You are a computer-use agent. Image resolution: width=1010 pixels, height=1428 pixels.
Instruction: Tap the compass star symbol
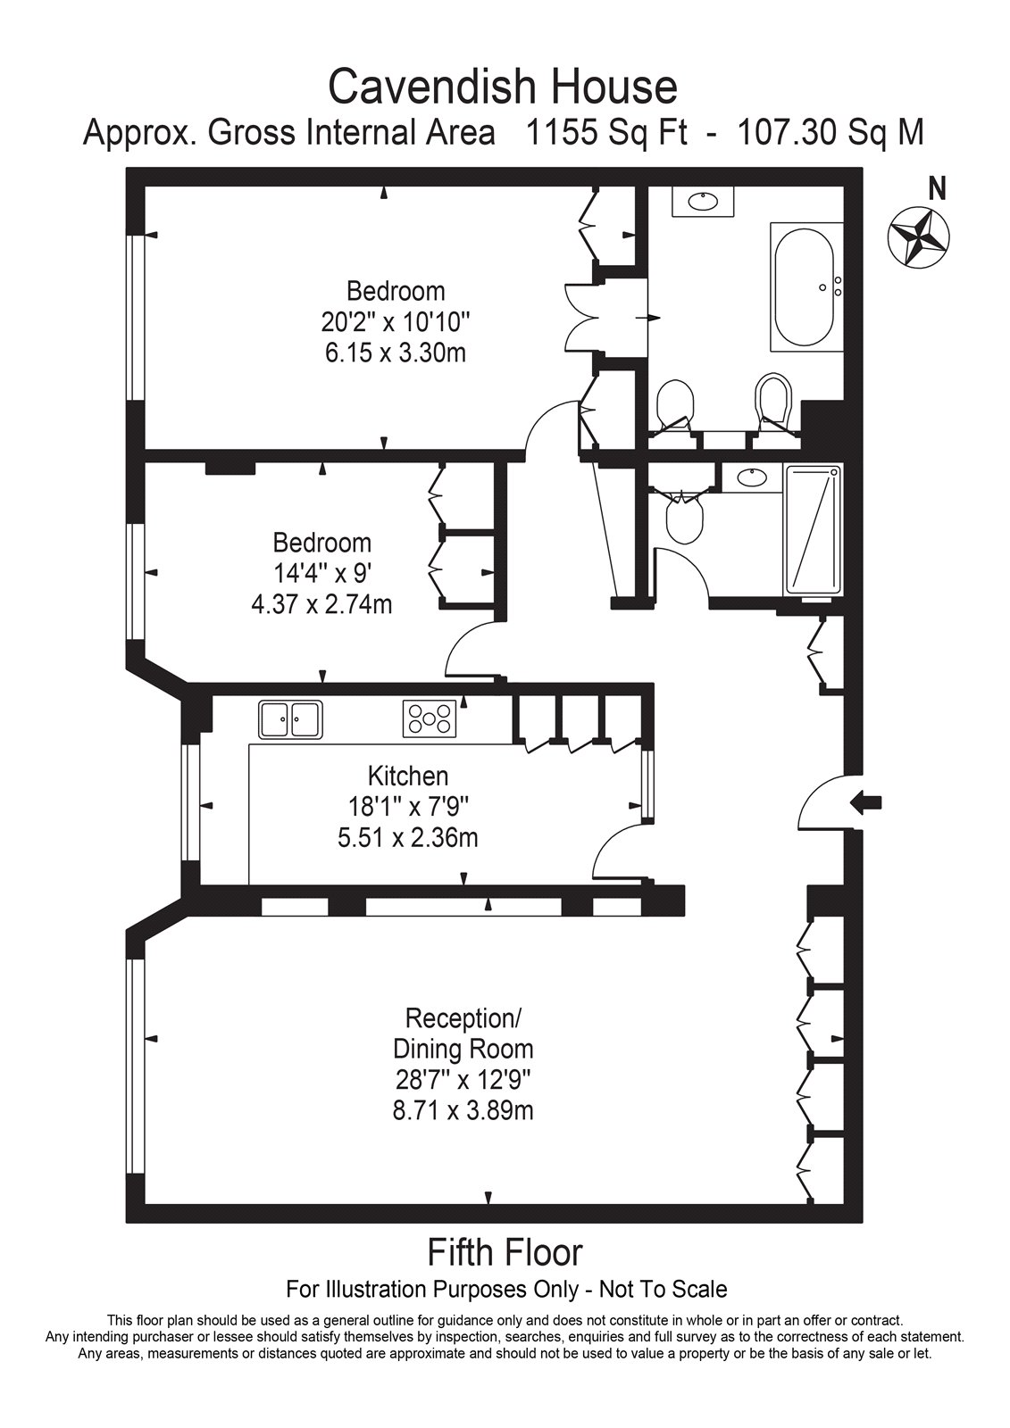point(918,237)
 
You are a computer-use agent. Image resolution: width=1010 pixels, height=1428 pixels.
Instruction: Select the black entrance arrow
point(866,802)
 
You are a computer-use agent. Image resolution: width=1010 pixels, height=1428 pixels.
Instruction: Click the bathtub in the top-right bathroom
point(806,286)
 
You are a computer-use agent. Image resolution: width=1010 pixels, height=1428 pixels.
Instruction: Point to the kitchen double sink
point(290,719)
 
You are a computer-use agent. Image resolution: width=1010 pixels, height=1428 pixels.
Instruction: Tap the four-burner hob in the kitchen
point(430,719)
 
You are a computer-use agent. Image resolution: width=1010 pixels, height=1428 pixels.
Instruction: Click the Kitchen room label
point(408,776)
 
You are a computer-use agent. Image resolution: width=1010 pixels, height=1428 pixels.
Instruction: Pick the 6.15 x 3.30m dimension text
point(396,353)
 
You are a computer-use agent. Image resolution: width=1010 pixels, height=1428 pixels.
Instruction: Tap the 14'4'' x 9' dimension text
point(321,574)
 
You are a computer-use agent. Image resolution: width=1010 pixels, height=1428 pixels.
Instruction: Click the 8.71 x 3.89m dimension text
point(463,1111)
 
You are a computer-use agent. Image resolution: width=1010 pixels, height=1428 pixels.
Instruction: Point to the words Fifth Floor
point(505,1252)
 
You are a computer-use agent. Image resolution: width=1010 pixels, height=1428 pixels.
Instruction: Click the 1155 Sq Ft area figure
point(606,133)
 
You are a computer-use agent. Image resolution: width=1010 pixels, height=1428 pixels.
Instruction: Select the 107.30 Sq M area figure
point(831,133)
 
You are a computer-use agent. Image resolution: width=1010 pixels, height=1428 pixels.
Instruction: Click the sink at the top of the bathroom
point(703,202)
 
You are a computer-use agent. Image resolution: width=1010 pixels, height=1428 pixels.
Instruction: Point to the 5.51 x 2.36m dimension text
point(408,837)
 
